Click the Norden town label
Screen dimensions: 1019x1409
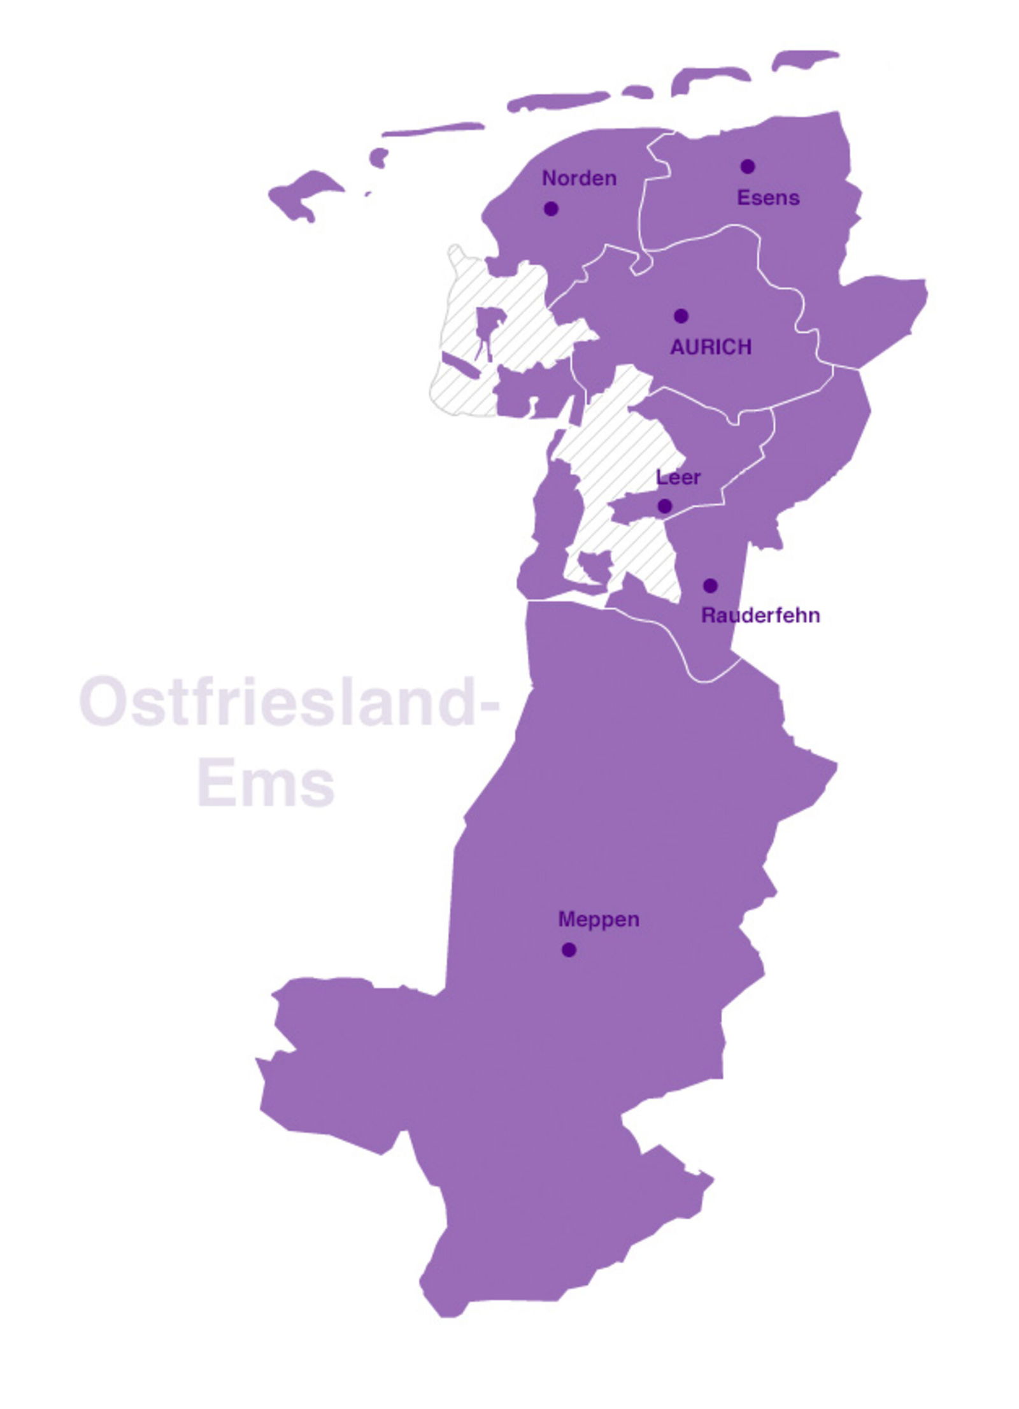578,178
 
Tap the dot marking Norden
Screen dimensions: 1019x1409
551,208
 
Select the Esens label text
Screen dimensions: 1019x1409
767,197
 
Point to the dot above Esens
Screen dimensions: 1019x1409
747,166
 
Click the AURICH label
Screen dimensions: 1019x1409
711,347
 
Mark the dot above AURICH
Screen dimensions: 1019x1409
681,315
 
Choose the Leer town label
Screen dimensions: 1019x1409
678,477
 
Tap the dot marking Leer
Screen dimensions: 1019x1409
664,506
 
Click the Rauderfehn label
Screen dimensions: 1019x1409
760,615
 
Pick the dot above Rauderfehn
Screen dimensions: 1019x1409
710,585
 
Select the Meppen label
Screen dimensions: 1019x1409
598,919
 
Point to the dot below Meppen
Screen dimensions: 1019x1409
569,950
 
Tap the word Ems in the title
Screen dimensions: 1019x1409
266,783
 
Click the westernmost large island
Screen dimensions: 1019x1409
303,193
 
